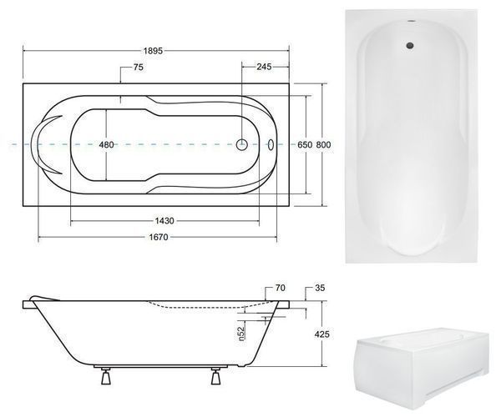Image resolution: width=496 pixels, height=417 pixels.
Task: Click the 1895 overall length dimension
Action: click(x=153, y=51)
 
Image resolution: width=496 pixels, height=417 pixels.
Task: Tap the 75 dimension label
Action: click(x=139, y=67)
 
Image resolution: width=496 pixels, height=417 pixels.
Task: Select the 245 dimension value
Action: click(x=264, y=67)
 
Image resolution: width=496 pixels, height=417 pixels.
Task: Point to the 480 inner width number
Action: click(x=106, y=144)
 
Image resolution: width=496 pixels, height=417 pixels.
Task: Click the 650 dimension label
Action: click(x=305, y=144)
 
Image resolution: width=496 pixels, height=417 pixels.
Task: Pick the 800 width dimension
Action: click(x=324, y=144)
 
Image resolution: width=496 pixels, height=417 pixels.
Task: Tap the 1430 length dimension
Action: click(x=164, y=220)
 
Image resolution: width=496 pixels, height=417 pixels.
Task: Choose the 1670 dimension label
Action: click(x=159, y=237)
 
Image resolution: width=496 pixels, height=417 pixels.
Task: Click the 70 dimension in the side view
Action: click(x=281, y=288)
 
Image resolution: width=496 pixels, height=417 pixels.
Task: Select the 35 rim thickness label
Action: click(x=320, y=288)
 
